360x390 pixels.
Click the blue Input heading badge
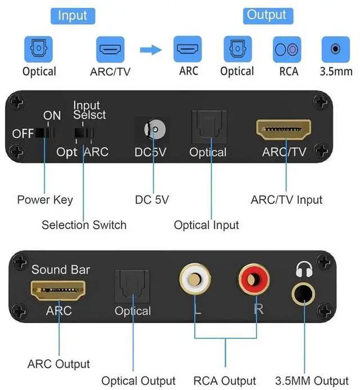73,16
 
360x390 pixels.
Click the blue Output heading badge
268,16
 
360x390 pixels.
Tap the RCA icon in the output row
287,49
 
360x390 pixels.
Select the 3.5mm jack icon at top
336,49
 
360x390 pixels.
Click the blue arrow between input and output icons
151,50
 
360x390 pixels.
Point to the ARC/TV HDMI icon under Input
110,49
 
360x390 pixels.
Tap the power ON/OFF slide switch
45,133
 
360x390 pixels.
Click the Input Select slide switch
84,133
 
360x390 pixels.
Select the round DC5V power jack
155,130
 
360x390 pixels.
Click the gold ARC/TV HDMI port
283,130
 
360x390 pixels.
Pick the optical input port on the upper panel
209,126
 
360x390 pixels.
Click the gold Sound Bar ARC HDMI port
58,291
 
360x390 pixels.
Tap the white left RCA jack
195,279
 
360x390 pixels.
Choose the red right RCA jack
254,279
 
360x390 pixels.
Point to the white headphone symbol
304,269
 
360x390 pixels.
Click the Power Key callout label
45,200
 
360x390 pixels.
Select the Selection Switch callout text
84,225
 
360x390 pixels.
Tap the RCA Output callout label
225,381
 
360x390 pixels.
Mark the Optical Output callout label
138,381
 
